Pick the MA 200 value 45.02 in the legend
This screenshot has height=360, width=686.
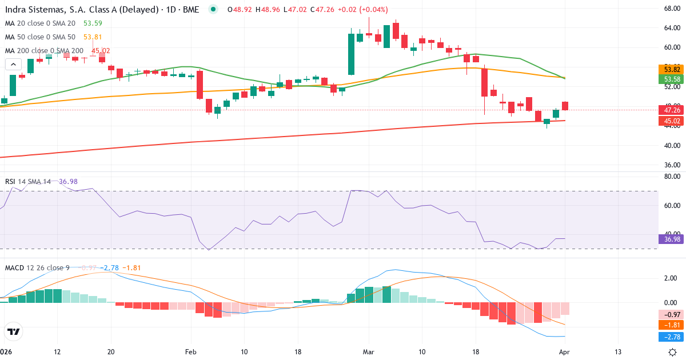(101, 50)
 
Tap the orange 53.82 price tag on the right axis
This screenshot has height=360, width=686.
(668, 69)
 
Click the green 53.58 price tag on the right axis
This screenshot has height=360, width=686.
(668, 79)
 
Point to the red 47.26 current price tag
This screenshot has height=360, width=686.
(668, 110)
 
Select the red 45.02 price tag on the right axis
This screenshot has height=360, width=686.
(668, 121)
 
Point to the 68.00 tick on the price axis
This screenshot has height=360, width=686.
(668, 9)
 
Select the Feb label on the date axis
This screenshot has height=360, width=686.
(190, 351)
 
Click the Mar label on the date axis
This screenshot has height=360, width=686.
(369, 351)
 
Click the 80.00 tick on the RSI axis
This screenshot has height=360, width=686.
(668, 177)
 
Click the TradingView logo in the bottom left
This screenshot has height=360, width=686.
(13, 331)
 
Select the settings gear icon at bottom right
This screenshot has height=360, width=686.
(673, 351)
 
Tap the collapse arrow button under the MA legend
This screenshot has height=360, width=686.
(13, 64)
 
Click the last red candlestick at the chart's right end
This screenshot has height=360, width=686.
(565, 106)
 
